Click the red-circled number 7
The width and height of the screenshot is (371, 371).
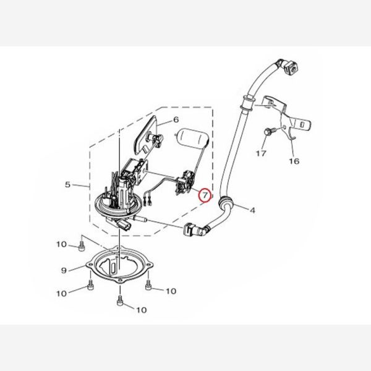click(205, 195)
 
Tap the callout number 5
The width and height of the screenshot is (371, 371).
click(67, 184)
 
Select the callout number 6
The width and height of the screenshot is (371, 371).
click(176, 119)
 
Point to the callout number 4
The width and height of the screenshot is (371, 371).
click(253, 210)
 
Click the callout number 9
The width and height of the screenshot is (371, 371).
click(64, 270)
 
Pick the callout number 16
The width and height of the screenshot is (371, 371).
click(294, 161)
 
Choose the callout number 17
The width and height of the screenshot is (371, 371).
click(261, 153)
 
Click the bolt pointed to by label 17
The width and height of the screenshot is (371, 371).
click(270, 131)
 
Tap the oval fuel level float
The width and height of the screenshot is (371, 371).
click(192, 137)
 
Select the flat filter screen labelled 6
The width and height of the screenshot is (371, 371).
click(146, 135)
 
